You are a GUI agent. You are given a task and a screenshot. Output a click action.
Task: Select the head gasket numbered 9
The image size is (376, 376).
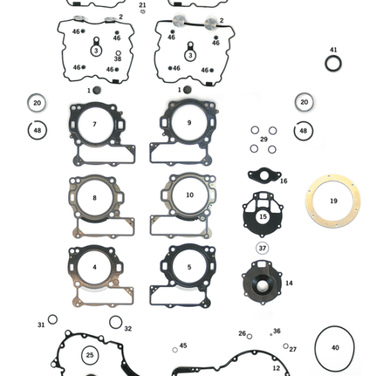(189, 123)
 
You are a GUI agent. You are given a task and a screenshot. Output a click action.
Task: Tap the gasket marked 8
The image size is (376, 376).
(94, 198)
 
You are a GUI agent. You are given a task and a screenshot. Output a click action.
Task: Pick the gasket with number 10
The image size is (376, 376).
(189, 195)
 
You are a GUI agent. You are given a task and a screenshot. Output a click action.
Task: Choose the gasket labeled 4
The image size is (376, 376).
(94, 267)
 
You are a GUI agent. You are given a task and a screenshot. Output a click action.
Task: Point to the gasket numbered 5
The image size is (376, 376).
(189, 267)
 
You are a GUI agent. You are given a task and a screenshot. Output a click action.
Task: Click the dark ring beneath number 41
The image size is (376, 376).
(333, 64)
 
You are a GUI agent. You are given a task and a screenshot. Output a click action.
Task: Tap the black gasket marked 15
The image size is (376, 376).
(262, 216)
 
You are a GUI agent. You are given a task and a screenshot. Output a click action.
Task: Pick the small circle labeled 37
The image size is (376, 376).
(262, 248)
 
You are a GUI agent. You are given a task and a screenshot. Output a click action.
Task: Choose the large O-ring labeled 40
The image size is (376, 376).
(335, 347)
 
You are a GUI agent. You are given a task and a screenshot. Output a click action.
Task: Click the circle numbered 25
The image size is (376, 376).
(89, 354)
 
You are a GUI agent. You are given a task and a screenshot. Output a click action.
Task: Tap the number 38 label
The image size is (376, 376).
(117, 59)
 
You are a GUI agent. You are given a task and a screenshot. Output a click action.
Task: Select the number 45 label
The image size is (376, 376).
(183, 346)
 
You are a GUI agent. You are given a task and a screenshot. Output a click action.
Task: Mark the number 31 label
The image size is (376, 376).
(41, 325)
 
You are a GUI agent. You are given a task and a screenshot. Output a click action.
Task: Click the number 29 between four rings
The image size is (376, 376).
(263, 139)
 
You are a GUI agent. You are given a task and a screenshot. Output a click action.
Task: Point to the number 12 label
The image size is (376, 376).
(276, 368)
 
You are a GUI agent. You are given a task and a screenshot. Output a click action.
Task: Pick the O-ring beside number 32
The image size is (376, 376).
(115, 323)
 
